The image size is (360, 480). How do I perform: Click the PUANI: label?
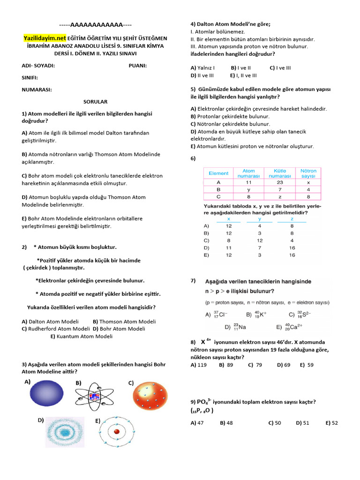point(137,66)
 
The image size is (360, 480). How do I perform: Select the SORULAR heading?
point(95,102)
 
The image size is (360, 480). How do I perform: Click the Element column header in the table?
point(218,173)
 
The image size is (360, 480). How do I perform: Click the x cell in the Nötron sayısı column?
point(308,182)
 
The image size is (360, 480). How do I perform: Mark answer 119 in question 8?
point(202,365)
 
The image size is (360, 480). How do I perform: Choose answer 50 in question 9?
point(277,423)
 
